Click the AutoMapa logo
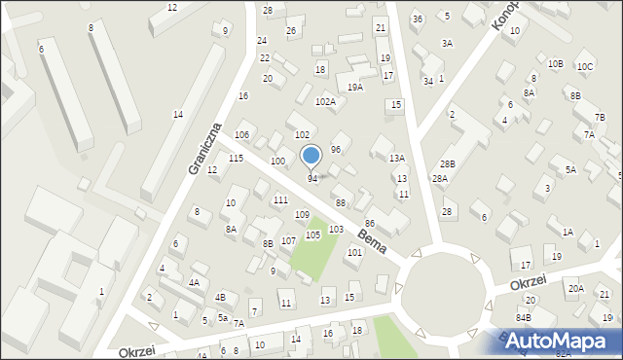point(558,341)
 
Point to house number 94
point(312,178)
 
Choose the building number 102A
point(325,101)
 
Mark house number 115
point(236,158)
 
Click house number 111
point(280,199)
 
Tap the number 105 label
point(312,234)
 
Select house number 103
point(335,229)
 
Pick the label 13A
point(397,158)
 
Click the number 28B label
point(447,163)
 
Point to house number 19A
point(355,88)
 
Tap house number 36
point(417,19)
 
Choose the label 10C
point(584,66)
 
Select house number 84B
point(524,317)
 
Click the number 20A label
point(576,288)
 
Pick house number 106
point(242,134)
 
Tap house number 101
point(354,252)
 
